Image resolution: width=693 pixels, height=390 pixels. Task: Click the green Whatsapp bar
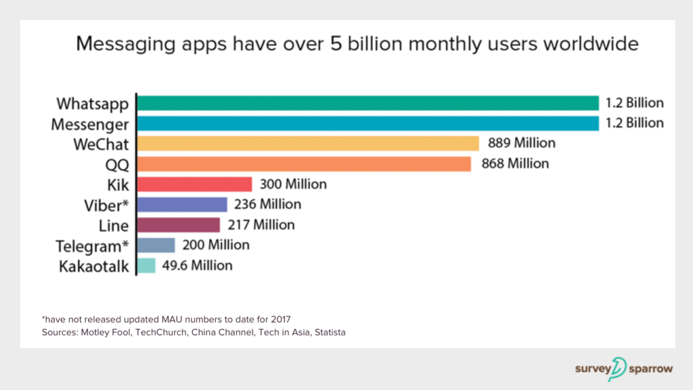coord(368,103)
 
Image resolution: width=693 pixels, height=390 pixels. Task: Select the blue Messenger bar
coord(368,123)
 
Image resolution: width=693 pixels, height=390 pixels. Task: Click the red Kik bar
coord(195,184)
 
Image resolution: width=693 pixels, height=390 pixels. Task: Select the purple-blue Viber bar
coord(182,204)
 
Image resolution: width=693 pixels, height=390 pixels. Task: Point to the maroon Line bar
coord(179,224)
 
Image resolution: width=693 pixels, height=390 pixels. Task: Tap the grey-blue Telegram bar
coord(156,245)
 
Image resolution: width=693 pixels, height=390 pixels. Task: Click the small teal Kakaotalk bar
coord(147,265)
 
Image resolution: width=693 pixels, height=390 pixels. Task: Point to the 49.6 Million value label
coord(197,265)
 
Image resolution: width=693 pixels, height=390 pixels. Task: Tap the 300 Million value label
coord(292,184)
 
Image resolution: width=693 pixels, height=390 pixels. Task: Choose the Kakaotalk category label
coord(94,266)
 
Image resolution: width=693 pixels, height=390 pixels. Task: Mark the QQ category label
coord(116,164)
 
